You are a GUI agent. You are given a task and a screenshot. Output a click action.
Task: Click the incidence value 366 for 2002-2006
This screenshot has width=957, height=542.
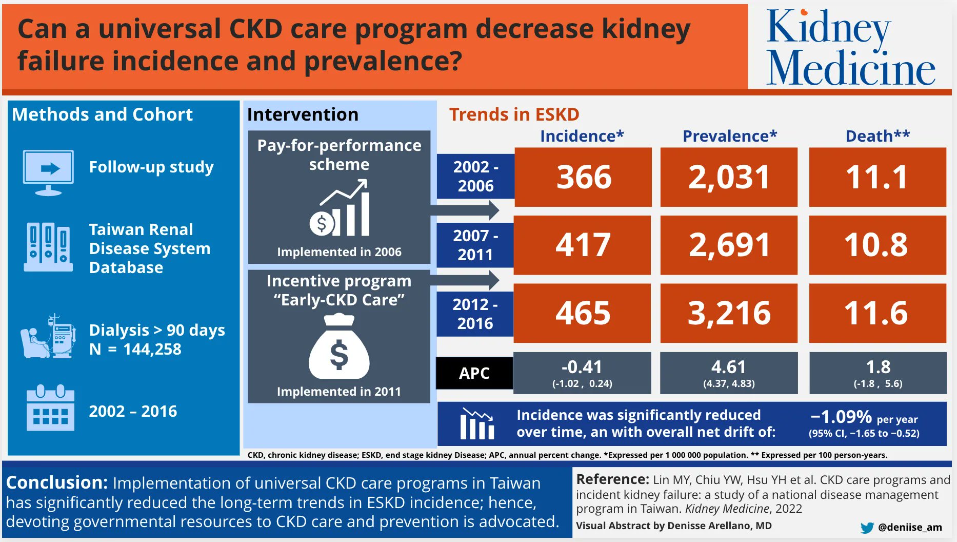pyautogui.click(x=583, y=177)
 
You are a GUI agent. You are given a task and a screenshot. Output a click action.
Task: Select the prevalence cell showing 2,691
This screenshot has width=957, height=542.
pyautogui.click(x=729, y=245)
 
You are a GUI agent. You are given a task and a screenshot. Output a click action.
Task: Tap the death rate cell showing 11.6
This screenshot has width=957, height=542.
pyautogui.click(x=877, y=313)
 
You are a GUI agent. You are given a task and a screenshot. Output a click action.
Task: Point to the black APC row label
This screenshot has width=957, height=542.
pyautogui.click(x=474, y=373)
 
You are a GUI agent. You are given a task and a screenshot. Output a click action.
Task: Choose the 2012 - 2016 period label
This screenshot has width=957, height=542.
pyautogui.click(x=475, y=314)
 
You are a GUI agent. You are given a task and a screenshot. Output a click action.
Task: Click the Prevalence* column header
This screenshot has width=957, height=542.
pyautogui.click(x=729, y=136)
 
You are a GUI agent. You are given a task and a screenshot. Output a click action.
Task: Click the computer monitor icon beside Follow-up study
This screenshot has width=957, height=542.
pyautogui.click(x=48, y=172)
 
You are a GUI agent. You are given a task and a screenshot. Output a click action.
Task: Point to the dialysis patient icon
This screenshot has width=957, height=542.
pyautogui.click(x=48, y=337)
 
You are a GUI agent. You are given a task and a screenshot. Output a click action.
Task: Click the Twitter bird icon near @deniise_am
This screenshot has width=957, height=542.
pyautogui.click(x=867, y=528)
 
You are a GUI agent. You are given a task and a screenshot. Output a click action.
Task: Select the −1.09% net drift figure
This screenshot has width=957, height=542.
pyautogui.click(x=841, y=416)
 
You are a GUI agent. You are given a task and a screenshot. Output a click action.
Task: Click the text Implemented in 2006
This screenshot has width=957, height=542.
pyautogui.click(x=339, y=252)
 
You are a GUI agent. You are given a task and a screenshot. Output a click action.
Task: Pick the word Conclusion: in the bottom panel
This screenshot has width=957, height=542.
pyautogui.click(x=56, y=482)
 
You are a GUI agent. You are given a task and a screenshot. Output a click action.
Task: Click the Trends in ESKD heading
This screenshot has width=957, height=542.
pyautogui.click(x=514, y=114)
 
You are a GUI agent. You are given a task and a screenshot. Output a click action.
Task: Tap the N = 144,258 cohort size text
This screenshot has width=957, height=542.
pyautogui.click(x=135, y=350)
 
